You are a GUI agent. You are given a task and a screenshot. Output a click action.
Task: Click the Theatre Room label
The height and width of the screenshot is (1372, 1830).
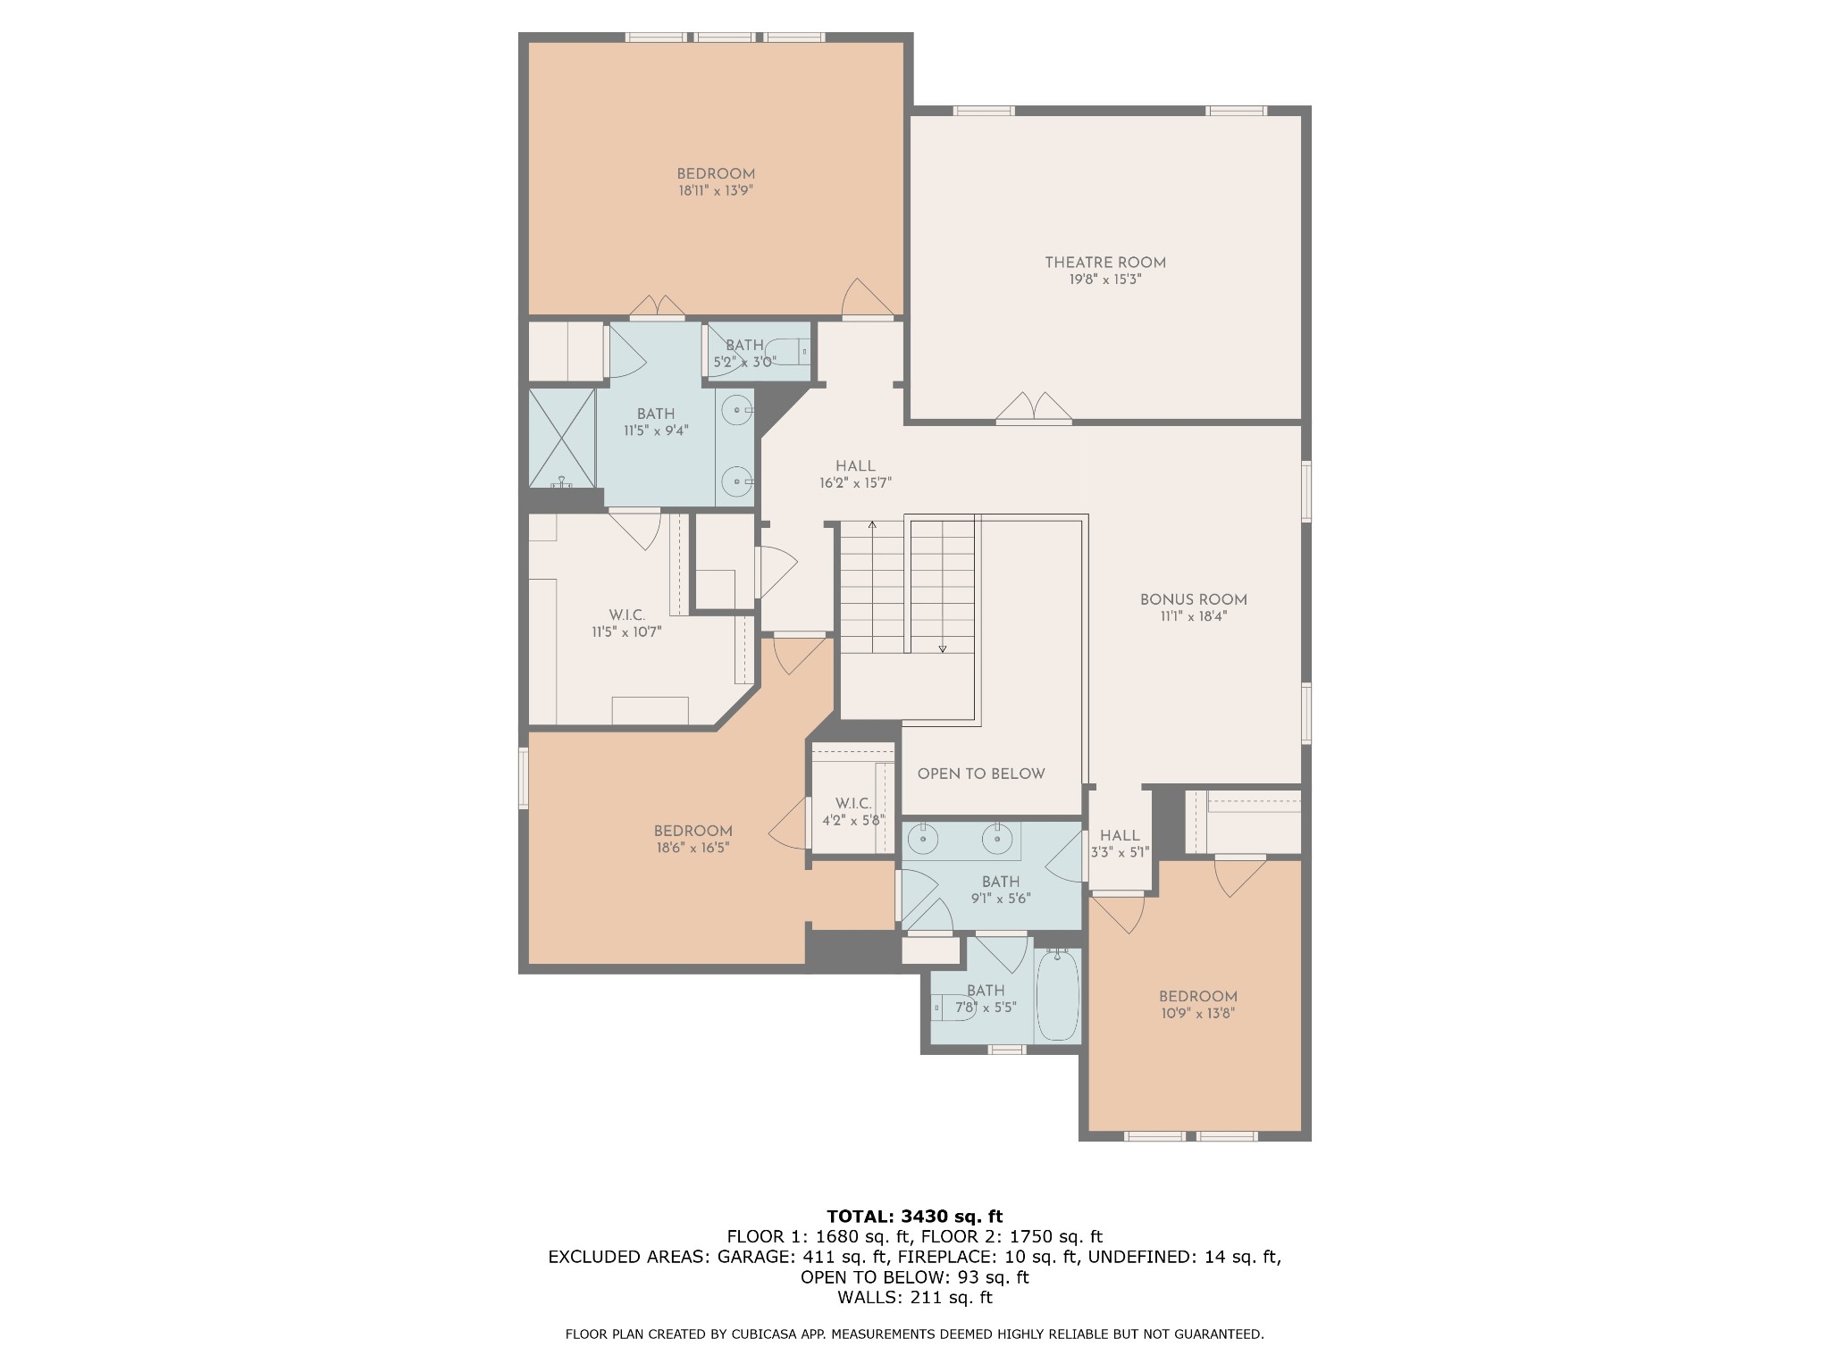point(1105,263)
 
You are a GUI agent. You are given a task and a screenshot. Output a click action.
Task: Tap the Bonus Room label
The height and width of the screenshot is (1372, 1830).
point(1193,599)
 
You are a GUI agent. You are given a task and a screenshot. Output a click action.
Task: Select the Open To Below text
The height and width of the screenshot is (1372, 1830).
point(981,774)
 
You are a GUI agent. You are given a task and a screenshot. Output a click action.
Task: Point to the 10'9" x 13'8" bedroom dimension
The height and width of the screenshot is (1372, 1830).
point(1197,1013)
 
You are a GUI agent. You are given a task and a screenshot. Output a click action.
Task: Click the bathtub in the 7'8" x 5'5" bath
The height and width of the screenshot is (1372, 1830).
point(1058,996)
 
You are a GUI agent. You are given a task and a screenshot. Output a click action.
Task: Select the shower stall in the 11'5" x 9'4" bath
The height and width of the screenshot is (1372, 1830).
point(562,438)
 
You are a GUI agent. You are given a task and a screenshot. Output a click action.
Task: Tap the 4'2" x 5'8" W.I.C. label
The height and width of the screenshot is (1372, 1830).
point(853,812)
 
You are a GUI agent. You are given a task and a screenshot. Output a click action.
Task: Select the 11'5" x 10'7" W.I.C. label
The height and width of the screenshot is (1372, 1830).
point(626,623)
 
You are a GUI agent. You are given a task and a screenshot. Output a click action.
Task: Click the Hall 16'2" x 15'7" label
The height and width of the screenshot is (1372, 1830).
point(855,474)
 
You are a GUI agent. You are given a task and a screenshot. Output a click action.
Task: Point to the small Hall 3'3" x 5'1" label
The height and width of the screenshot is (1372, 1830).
point(1120,844)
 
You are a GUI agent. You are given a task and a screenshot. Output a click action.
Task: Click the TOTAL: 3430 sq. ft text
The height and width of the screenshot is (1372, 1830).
point(915,1216)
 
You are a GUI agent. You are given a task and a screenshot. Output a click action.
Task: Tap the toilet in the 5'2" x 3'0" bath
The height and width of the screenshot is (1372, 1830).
point(786,352)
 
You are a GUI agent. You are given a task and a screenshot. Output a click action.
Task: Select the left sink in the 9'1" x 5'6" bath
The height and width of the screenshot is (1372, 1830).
point(920,839)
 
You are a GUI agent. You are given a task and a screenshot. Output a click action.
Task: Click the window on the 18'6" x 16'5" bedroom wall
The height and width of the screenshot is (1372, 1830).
point(524,778)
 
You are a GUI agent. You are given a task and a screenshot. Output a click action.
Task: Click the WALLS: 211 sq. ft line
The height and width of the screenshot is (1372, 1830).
point(915,1298)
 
